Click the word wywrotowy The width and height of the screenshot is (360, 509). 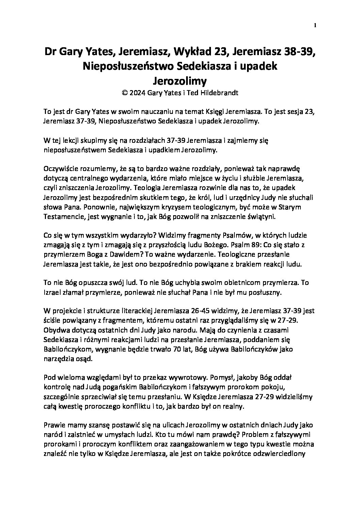[x=185, y=378]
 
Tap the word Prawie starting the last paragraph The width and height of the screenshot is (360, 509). [x=53, y=425]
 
